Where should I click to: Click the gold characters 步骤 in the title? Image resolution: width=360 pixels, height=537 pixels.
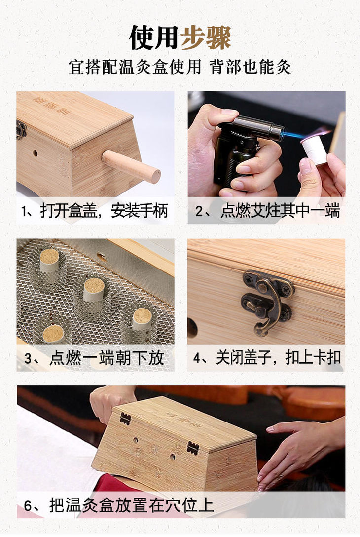206,38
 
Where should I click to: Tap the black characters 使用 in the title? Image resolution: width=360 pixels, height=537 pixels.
154,38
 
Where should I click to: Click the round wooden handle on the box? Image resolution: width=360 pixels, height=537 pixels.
131,166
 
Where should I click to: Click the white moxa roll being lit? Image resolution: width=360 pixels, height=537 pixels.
315,150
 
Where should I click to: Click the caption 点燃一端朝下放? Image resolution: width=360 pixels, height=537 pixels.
107,358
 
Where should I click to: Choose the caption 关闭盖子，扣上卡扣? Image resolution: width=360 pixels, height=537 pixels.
278,358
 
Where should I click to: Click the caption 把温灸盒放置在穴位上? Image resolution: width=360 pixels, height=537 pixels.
131,505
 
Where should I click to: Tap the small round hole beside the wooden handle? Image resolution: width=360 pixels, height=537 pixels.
35,153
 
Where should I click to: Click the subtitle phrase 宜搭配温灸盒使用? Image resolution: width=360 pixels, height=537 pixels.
135,67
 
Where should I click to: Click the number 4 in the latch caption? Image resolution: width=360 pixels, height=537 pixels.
197,358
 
